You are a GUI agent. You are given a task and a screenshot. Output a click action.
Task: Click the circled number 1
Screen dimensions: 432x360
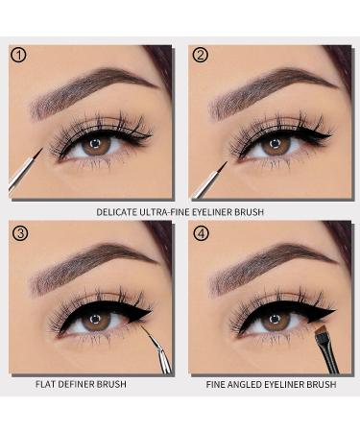18,55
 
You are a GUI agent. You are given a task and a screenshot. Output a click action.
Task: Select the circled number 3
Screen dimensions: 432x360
18,231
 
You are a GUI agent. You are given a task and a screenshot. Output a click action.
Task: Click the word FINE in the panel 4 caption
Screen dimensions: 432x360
220,384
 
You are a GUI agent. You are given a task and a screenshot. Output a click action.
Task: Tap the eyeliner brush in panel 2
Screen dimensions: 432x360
204,173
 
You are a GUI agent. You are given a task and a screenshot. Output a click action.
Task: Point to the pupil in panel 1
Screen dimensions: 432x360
93,145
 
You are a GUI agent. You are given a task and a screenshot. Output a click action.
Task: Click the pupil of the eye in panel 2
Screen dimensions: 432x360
276,144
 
